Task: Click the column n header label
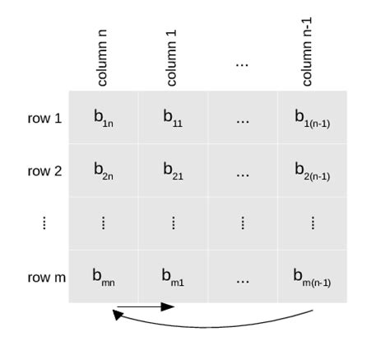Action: pos(103,58)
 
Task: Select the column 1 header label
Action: pos(172,58)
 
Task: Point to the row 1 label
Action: pos(44,119)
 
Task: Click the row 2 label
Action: pos(44,171)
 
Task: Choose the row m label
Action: pos(46,278)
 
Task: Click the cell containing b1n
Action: pos(104,118)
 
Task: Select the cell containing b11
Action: pos(173,118)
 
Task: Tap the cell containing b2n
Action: pos(104,171)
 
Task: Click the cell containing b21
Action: pos(173,171)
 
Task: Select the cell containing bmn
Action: pos(104,277)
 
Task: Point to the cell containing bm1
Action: pos(173,277)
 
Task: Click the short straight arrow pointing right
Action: pos(146,307)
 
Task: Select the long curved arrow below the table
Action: pos(214,324)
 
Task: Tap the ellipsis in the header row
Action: pos(242,64)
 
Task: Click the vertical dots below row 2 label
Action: pos(44,223)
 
